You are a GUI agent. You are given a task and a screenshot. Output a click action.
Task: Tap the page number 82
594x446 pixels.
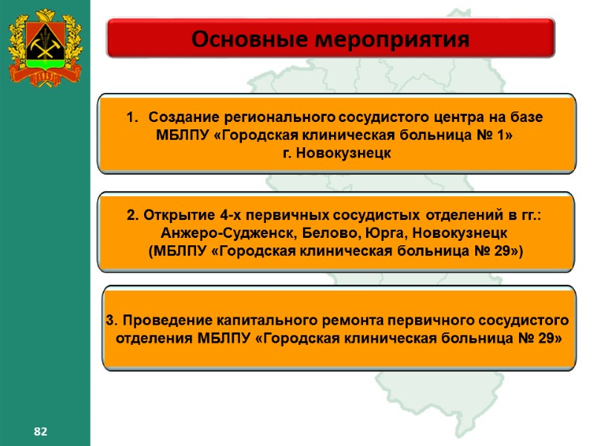pos(40,431)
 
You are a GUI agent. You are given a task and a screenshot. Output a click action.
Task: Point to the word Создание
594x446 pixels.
pos(181,118)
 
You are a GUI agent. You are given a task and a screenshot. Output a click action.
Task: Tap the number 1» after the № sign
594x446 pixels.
pos(506,135)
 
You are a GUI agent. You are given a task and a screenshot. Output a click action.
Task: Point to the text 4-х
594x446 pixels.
pos(221,216)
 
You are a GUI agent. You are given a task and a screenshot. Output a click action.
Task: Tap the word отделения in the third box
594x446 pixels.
pos(155,338)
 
